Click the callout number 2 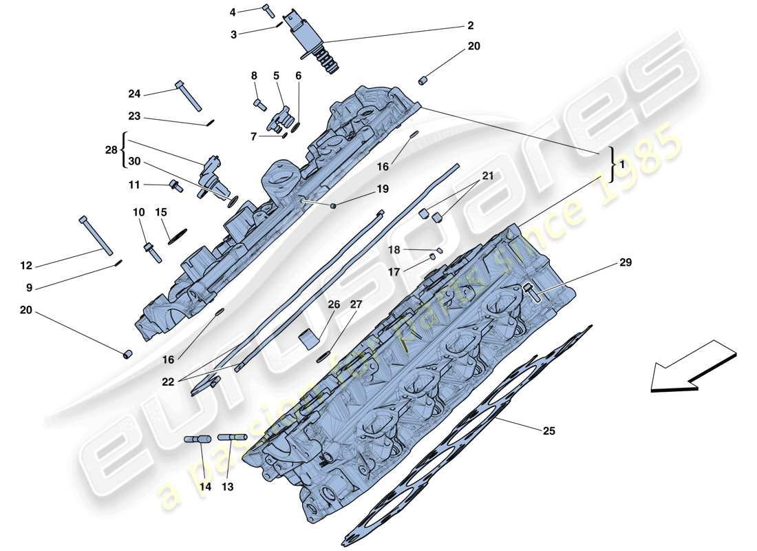tap(470, 25)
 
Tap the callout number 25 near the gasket tap(548, 431)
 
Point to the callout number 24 tap(134, 94)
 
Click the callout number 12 tap(26, 265)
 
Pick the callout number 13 tap(227, 486)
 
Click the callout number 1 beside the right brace tap(622, 165)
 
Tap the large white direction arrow tap(692, 366)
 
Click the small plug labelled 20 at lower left tap(127, 355)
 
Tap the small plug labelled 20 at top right tap(423, 80)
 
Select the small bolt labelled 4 tap(268, 10)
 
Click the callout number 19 tap(382, 189)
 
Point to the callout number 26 tap(334, 304)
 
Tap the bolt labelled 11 tap(175, 185)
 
